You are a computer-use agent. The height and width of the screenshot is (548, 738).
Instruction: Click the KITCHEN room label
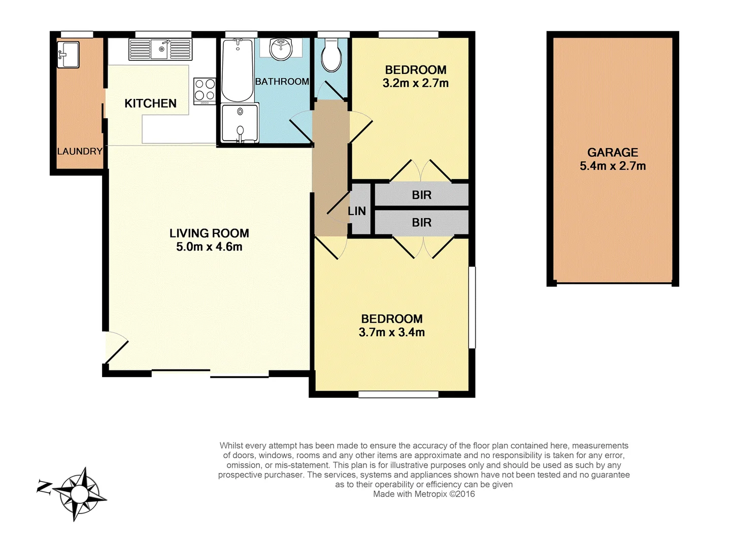pos(150,104)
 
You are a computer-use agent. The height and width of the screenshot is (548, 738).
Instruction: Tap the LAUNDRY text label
pos(80,151)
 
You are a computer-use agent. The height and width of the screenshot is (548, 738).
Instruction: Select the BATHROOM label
pos(282,82)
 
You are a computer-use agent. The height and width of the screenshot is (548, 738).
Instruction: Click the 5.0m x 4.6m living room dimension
pos(209,247)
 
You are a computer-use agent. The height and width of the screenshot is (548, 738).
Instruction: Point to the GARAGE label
pos(613,152)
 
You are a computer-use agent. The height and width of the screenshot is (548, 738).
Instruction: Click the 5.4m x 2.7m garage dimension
pos(613,166)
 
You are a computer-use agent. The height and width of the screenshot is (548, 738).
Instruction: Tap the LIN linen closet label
pos(357,211)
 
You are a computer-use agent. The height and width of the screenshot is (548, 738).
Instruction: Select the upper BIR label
pos(421,195)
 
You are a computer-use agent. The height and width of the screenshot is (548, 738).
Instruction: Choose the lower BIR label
pos(421,222)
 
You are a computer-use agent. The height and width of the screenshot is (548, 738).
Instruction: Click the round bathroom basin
pos(281,49)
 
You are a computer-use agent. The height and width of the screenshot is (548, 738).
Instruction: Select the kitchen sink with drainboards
pos(160,50)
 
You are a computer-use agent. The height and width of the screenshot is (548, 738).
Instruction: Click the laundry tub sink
pos(69,55)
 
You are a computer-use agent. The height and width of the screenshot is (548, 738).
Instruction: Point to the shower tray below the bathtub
pos(240,123)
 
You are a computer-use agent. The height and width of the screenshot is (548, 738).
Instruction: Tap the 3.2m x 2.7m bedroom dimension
pos(415,83)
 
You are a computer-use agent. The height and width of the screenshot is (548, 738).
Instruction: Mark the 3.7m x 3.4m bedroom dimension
pos(391,332)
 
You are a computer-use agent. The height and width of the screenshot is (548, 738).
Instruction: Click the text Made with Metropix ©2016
pos(424,494)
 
